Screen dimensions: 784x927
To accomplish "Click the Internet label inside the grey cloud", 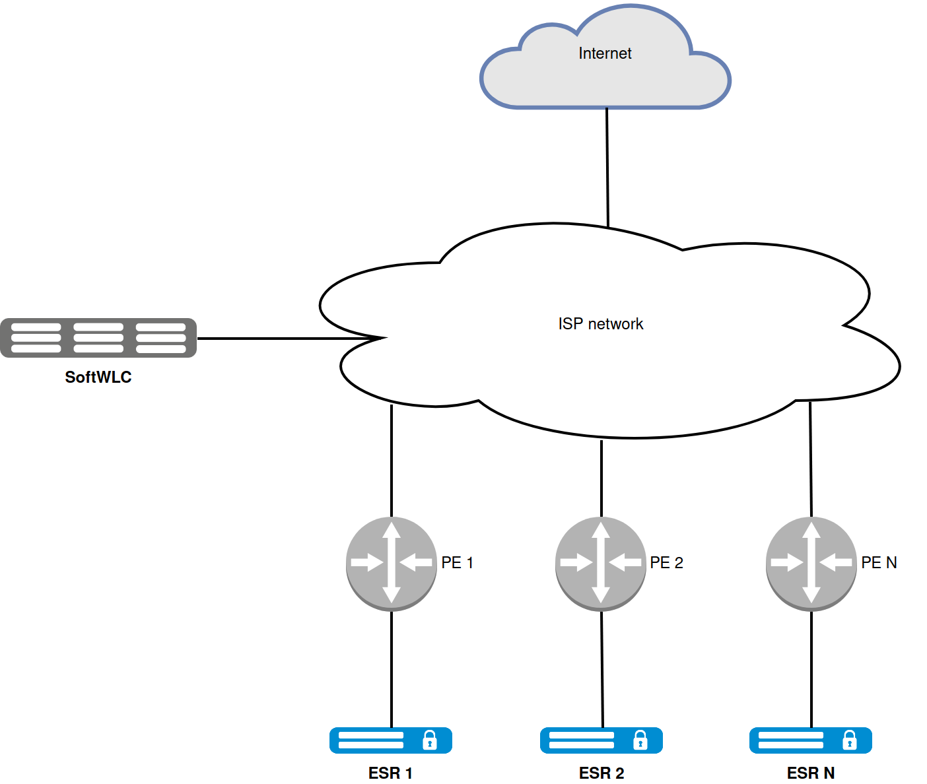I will (605, 53).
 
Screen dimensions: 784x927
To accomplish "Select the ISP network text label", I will (600, 324).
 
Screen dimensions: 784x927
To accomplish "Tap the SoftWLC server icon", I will (98, 338).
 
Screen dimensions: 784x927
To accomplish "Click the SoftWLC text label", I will (98, 377).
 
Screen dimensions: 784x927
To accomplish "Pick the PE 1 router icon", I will (392, 564).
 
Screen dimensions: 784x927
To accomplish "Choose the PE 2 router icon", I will (601, 564).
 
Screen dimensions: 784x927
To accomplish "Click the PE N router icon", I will (811, 564).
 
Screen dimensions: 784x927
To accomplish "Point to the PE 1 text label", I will (457, 563).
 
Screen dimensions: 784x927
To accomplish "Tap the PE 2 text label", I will (666, 563).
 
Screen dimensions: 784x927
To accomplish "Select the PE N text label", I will (879, 563).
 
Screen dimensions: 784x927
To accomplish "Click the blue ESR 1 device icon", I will (390, 740).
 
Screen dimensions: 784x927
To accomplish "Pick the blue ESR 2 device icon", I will (601, 740).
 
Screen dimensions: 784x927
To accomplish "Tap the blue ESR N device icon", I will (810, 740).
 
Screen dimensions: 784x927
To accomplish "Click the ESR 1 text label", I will (390, 773).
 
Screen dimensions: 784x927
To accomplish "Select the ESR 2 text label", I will (601, 773).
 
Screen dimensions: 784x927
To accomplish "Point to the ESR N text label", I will (810, 773).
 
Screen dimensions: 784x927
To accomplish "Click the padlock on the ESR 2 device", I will (640, 740).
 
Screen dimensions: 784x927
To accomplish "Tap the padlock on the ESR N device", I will (850, 740).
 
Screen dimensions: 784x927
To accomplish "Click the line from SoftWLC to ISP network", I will (284, 339).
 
